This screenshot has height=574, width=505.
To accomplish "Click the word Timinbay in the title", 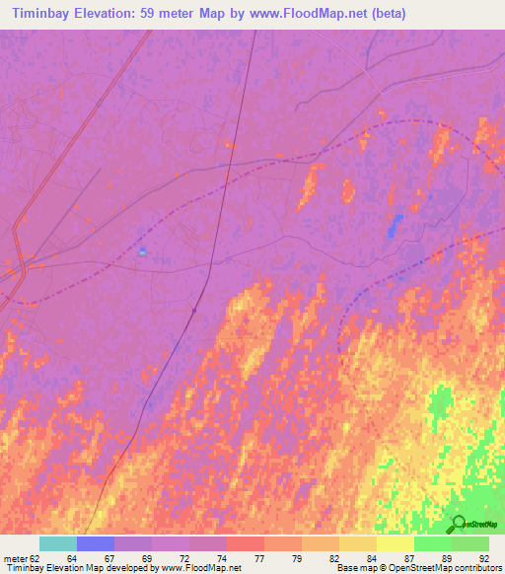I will pos(40,14).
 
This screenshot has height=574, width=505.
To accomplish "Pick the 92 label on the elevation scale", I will pos(484,558).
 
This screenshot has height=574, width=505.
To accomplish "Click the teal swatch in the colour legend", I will pos(58,543).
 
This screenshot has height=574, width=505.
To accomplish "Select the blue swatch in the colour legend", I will pos(96,543).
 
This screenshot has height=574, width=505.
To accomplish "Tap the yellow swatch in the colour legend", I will pos(396,543).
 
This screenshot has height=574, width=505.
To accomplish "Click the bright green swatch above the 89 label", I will pos(433,543).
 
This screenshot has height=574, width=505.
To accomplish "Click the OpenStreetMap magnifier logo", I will pos(458,523).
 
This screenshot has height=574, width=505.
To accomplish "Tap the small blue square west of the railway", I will pos(143,251).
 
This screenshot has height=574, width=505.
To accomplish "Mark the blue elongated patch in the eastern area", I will pos(395,227).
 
